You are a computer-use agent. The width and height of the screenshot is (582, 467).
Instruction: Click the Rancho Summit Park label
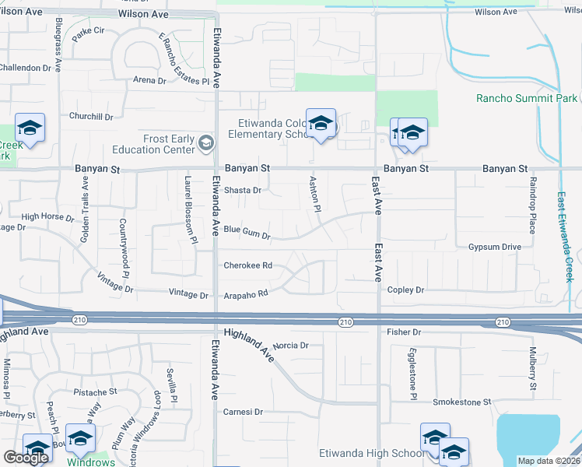[x=527, y=98]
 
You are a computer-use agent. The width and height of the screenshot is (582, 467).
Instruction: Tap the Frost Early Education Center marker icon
[x=206, y=142]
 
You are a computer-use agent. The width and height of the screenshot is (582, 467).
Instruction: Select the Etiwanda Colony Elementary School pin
[x=321, y=125]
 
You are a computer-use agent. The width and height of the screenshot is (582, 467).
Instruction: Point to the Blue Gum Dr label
[x=247, y=231]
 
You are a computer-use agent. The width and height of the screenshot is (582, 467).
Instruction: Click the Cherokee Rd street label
[x=247, y=265]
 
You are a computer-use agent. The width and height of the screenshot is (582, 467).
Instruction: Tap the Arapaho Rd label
[x=247, y=293]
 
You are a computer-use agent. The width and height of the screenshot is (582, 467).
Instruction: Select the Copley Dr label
[x=405, y=290]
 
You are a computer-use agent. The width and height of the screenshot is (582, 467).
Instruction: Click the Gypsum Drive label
[x=494, y=247]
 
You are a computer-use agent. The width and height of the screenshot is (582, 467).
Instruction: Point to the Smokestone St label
[x=462, y=402]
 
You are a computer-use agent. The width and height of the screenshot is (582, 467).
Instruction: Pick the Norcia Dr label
[x=292, y=345]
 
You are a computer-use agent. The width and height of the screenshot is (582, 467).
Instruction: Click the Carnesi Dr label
[x=244, y=412]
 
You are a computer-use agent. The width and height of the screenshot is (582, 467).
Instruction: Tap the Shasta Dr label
[x=242, y=190]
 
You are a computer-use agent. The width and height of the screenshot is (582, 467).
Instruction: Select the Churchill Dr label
[x=91, y=117]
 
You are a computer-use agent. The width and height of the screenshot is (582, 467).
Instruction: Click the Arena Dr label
[x=149, y=80]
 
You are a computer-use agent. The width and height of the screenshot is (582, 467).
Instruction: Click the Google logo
[x=26, y=458]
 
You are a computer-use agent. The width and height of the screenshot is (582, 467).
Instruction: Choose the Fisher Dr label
[x=403, y=332]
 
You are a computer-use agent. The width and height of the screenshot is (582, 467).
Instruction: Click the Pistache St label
[x=95, y=392]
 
